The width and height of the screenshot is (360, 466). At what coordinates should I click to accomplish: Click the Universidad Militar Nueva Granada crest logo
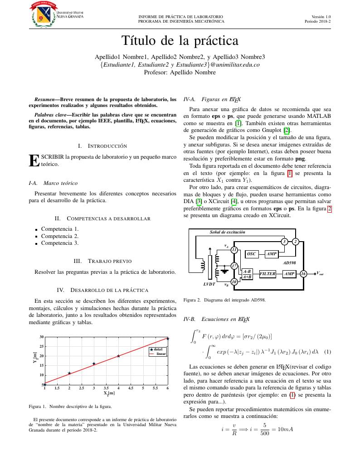44,14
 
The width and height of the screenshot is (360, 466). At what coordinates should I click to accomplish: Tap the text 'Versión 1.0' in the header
321,16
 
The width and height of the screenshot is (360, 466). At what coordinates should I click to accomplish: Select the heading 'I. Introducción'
102,146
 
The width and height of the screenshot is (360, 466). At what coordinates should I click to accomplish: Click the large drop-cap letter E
33,160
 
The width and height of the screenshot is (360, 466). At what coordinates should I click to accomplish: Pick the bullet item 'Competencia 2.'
60,236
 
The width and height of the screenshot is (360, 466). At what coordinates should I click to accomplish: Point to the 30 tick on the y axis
41,337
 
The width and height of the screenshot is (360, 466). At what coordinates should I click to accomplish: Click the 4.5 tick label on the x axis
131,388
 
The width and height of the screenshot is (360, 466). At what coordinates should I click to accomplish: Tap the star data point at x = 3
94,364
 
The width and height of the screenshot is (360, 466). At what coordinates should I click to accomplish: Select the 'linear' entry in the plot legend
161,354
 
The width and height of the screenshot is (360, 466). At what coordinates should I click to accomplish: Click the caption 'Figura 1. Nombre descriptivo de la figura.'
70,406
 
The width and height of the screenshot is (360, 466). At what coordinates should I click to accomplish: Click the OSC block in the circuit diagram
251,254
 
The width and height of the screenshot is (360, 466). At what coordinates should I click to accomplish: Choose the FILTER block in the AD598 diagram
268,274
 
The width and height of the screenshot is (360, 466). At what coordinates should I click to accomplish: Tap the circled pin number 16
303,274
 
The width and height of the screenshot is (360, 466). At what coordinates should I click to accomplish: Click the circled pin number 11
234,250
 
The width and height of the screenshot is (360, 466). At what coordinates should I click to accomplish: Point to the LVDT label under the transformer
209,284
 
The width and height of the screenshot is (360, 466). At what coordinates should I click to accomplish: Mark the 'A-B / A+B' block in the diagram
247,273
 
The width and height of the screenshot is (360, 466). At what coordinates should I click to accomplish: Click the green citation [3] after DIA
198,201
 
